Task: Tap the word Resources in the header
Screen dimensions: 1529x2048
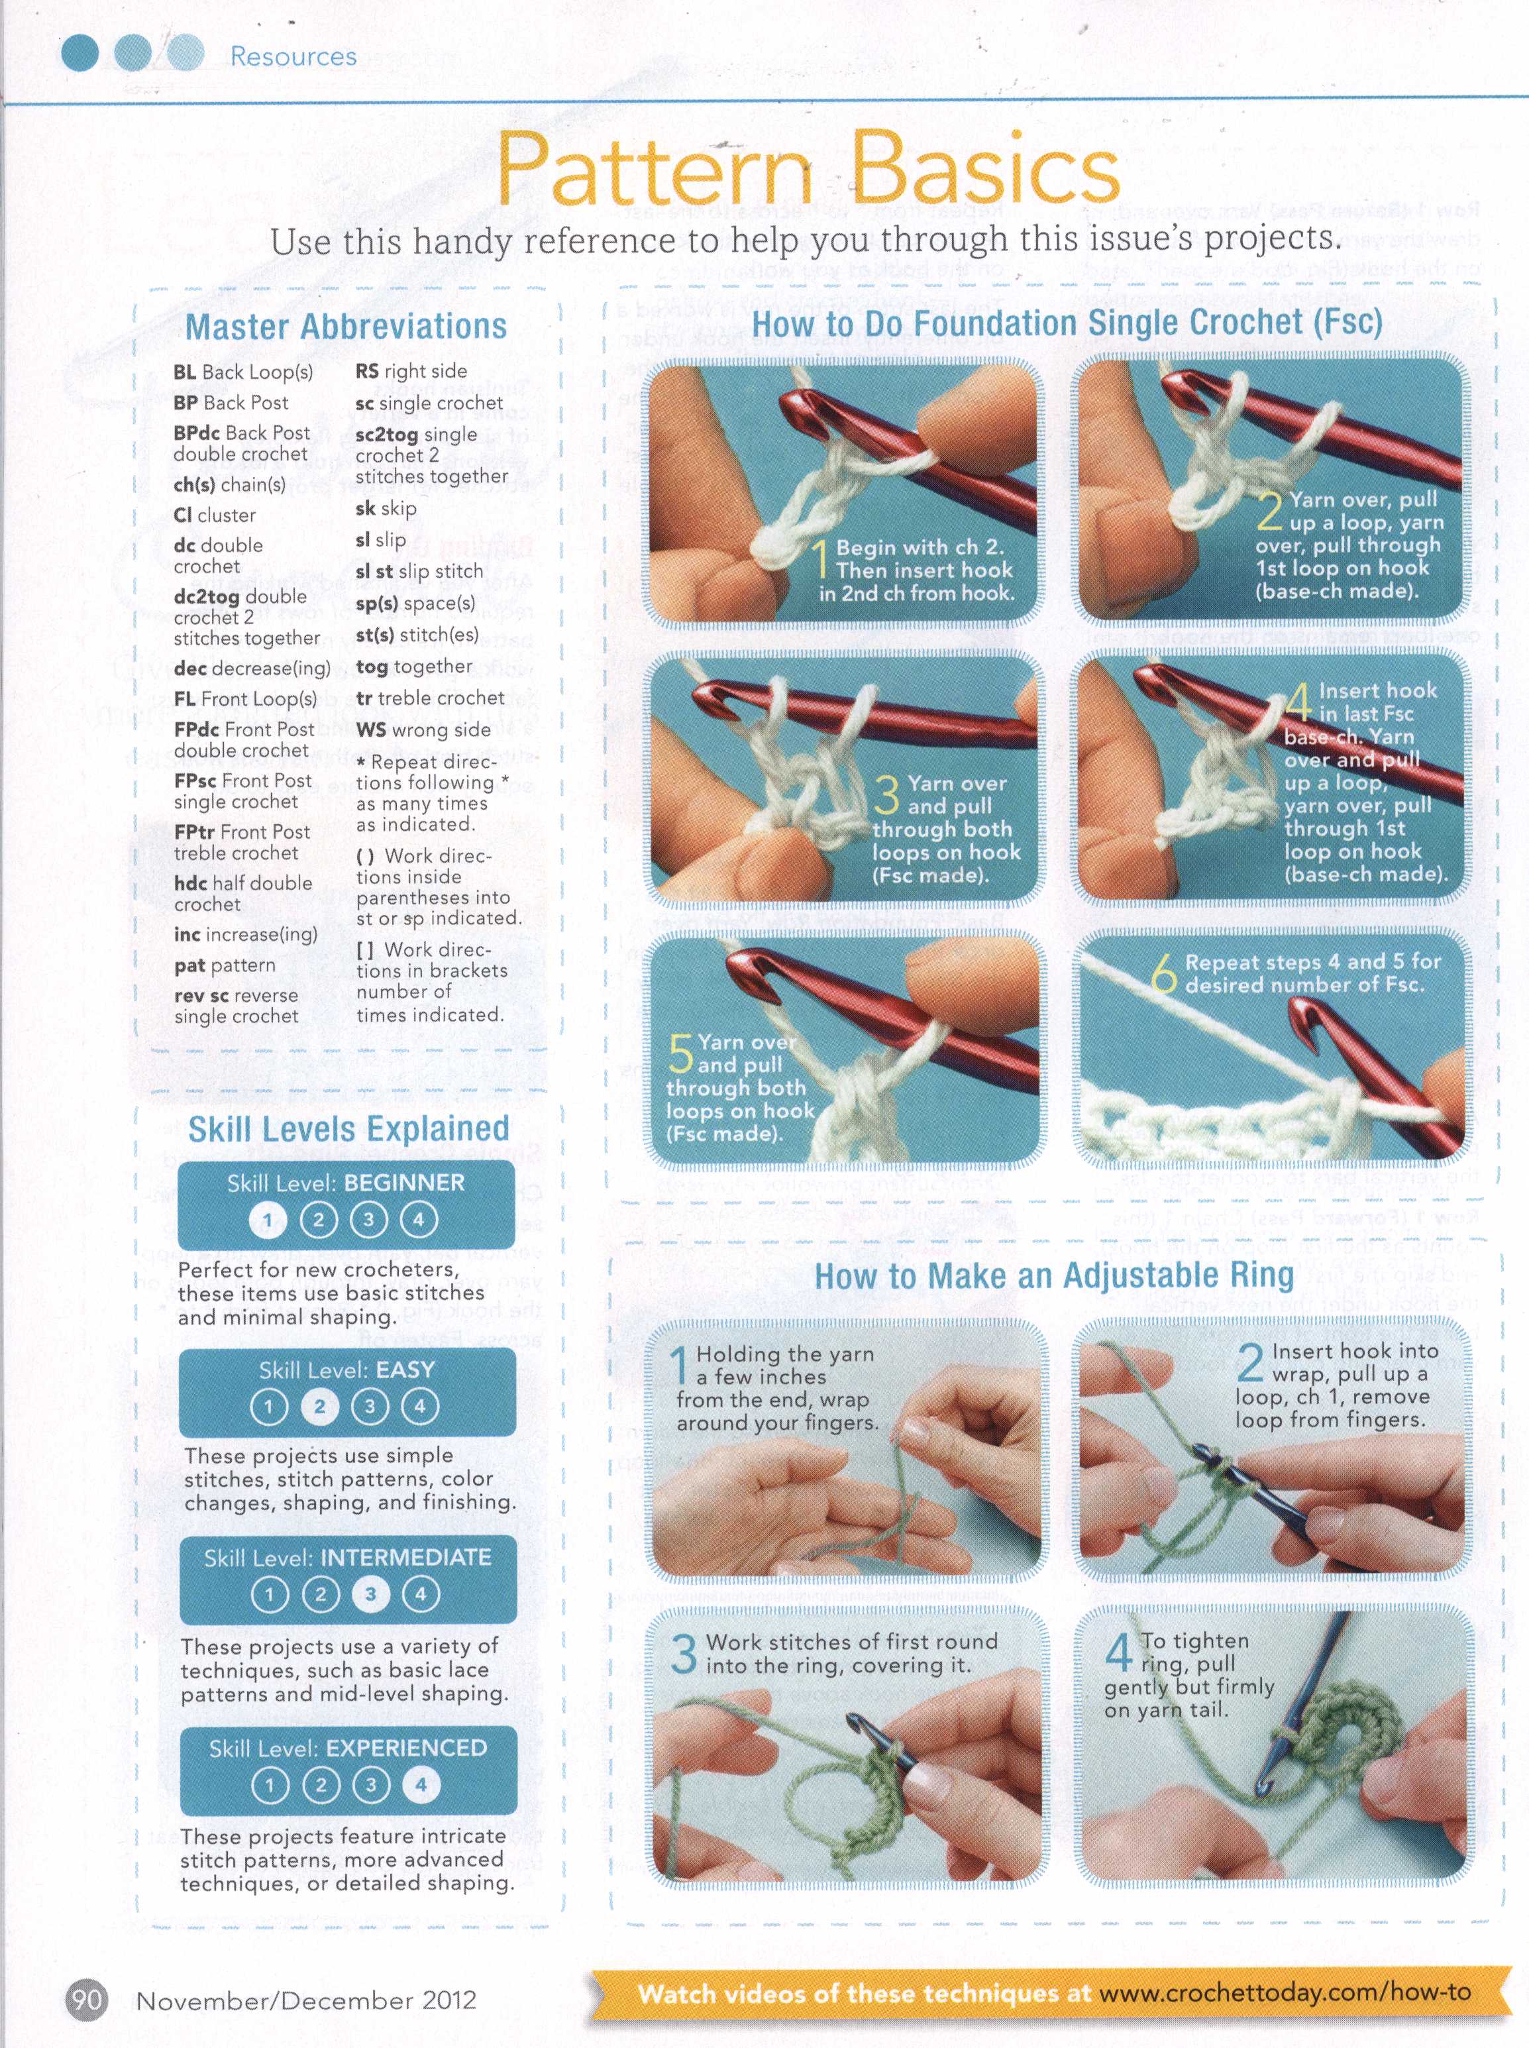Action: pyautogui.click(x=293, y=56)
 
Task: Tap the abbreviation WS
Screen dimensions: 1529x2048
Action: pyautogui.click(x=370, y=729)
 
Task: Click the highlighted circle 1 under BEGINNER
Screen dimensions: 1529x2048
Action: pyautogui.click(x=268, y=1220)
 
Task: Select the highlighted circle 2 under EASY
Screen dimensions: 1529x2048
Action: pyautogui.click(x=319, y=1407)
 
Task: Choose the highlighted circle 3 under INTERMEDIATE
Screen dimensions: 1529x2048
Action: pyautogui.click(x=370, y=1593)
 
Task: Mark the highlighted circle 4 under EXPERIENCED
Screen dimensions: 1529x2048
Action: pyautogui.click(x=421, y=1784)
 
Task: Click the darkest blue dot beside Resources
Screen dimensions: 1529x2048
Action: pyautogui.click(x=79, y=54)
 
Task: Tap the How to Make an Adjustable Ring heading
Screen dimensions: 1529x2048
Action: pyautogui.click(x=1054, y=1275)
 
